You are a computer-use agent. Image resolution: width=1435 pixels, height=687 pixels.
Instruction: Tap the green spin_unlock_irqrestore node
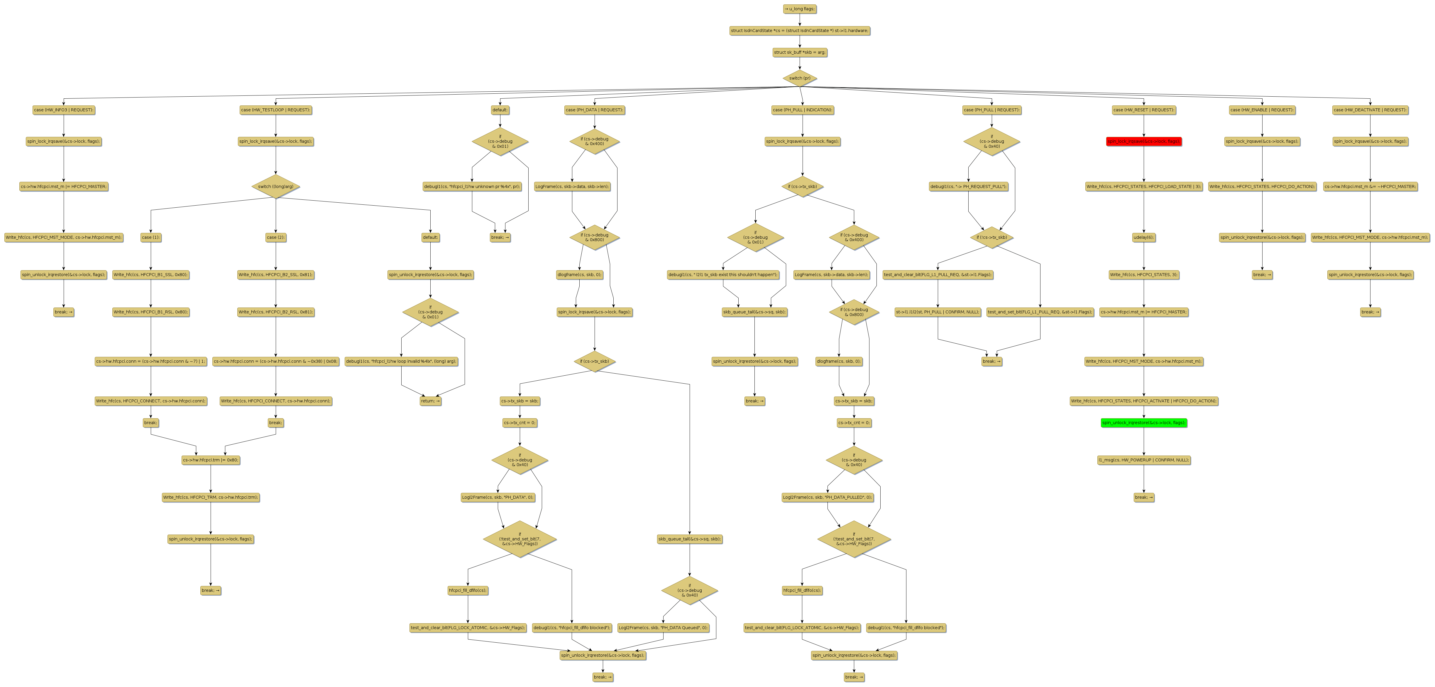[1144, 423]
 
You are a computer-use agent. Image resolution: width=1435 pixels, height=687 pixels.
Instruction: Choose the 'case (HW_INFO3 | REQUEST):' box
[63, 110]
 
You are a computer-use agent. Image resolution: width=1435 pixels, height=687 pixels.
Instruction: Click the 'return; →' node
[430, 401]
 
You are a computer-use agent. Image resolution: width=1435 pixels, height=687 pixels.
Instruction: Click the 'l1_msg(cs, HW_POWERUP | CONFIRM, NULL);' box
[1144, 460]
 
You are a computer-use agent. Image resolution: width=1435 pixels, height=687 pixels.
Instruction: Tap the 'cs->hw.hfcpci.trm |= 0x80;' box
[211, 460]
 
